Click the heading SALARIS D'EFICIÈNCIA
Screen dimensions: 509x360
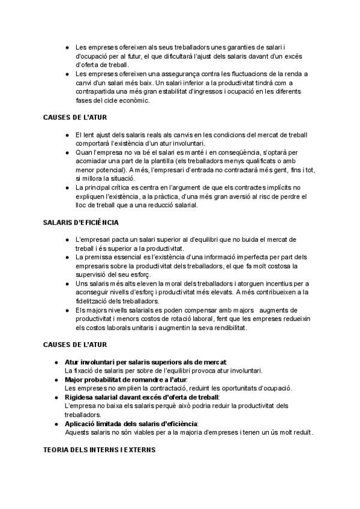click(x=80, y=222)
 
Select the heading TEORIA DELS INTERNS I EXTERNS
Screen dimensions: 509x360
click(x=100, y=450)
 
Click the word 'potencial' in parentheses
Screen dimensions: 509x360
click(x=116, y=170)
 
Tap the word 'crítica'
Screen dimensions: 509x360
click(x=126, y=188)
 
